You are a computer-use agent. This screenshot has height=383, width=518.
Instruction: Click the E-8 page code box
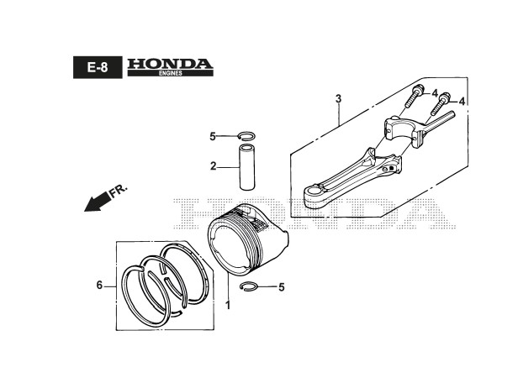(97, 67)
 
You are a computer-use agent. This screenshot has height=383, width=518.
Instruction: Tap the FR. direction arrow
(99, 202)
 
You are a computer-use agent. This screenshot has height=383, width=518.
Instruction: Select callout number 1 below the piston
(226, 304)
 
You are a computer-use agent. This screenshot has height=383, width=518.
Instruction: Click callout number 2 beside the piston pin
(214, 166)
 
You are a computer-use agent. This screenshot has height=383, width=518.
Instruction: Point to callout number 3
(338, 99)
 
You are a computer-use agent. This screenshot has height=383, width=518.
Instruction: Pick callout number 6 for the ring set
(99, 286)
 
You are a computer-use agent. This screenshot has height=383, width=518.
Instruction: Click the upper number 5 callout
(213, 136)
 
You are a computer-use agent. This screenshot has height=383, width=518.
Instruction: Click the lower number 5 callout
(282, 287)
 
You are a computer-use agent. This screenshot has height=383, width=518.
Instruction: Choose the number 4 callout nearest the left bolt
(435, 93)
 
